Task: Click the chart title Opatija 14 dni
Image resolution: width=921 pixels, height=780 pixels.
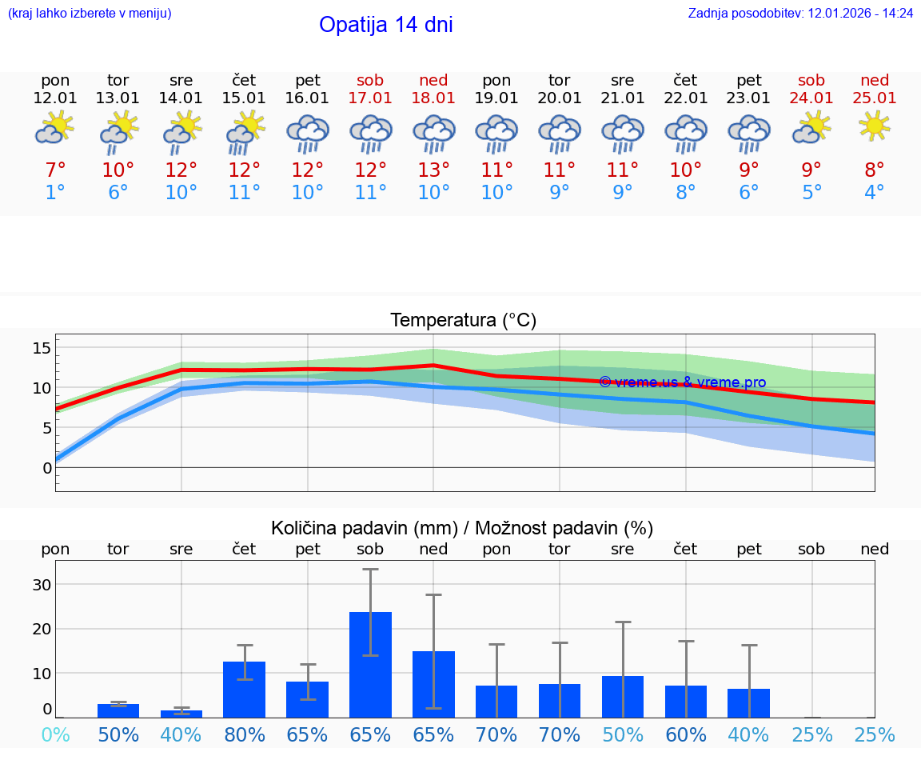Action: [x=385, y=25]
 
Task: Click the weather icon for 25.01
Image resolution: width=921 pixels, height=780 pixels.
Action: [x=874, y=126]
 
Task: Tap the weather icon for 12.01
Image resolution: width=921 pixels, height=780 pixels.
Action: [x=54, y=128]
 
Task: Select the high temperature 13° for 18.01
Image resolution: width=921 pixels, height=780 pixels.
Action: [x=433, y=170]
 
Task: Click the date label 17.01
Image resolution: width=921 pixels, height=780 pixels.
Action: [x=370, y=98]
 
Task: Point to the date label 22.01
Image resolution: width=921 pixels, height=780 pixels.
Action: [x=685, y=98]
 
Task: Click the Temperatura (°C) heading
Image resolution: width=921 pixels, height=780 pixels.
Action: [x=463, y=321]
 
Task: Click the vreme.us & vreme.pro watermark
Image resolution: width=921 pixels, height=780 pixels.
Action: [x=682, y=382]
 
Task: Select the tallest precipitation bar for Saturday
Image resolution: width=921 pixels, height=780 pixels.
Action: [x=370, y=664]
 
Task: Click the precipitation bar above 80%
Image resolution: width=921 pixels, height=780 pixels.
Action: [x=244, y=689]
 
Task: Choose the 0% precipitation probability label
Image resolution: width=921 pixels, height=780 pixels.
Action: [x=55, y=734]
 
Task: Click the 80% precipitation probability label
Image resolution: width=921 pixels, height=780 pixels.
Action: [x=245, y=734]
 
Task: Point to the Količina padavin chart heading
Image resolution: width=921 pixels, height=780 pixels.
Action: [x=462, y=528]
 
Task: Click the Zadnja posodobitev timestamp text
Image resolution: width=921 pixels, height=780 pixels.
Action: [x=800, y=14]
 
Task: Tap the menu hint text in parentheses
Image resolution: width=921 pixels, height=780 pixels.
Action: [x=90, y=14]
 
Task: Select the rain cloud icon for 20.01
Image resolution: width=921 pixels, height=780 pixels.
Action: [x=559, y=133]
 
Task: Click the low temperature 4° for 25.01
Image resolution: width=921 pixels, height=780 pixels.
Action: [x=874, y=193]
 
